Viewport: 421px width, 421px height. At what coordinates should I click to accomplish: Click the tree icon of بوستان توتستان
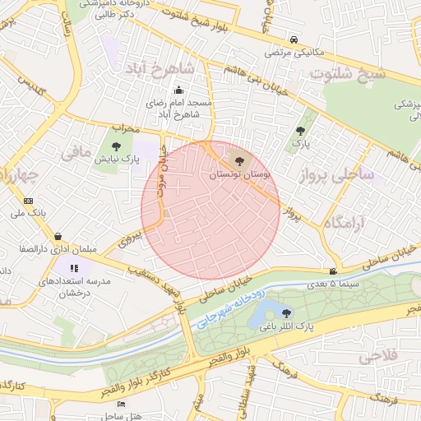click(239, 160)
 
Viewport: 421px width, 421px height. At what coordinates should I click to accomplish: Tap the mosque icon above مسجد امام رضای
click(178, 91)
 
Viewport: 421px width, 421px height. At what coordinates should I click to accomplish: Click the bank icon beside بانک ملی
click(29, 201)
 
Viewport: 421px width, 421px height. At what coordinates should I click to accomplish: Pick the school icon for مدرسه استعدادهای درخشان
click(74, 268)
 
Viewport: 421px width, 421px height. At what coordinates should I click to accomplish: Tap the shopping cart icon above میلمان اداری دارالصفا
click(57, 236)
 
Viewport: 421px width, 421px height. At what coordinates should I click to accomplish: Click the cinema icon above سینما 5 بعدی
click(333, 271)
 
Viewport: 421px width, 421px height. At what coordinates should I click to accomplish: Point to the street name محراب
click(127, 128)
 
